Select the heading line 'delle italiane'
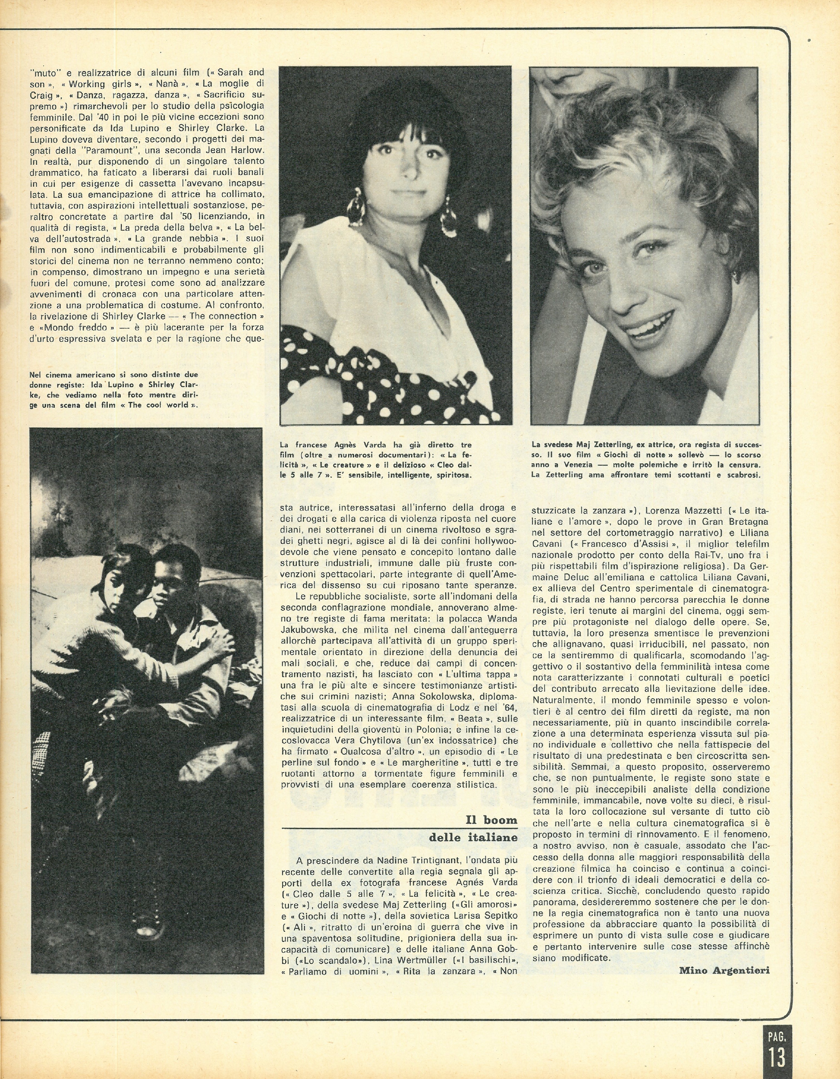click(x=473, y=837)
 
